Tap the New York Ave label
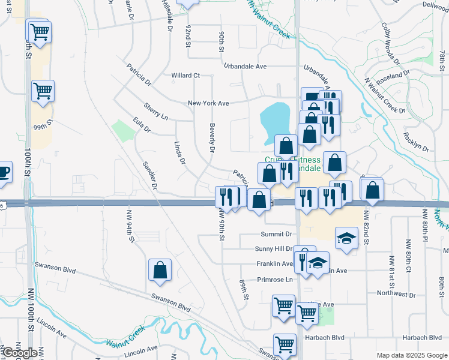[x=208, y=103]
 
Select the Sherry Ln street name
[x=155, y=110]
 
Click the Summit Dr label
[x=276, y=234]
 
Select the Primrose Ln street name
[x=274, y=280]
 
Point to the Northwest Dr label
[x=396, y=294]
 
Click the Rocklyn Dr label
[x=417, y=142]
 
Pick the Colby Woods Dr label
[x=390, y=44]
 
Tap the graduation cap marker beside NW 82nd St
[x=345, y=238]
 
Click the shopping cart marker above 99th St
[x=43, y=91]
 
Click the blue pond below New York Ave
[x=275, y=118]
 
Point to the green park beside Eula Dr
[x=123, y=130]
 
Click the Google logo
[x=20, y=353]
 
